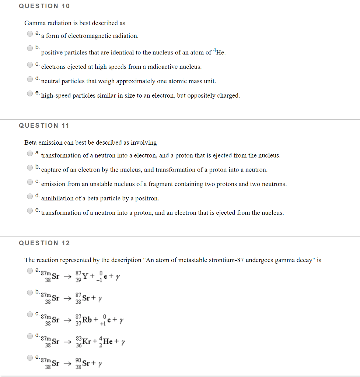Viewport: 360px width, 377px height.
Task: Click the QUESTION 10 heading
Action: pyautogui.click(x=44, y=6)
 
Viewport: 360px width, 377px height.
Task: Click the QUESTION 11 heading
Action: pyautogui.click(x=44, y=126)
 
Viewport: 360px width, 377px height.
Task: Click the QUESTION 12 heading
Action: pyautogui.click(x=44, y=243)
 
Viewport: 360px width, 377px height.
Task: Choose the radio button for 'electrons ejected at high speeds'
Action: pyautogui.click(x=30, y=65)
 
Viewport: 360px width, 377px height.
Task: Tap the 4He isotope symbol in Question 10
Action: pyautogui.click(x=219, y=52)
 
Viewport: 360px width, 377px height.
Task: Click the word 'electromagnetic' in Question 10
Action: pyautogui.click(x=91, y=36)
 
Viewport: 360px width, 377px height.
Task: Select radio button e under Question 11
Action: pyautogui.click(x=30, y=211)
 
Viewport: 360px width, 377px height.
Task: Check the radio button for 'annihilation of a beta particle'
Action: pyautogui.click(x=30, y=196)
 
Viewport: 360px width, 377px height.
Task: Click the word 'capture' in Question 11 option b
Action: pyautogui.click(x=51, y=170)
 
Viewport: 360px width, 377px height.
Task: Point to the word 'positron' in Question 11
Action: pyautogui.click(x=147, y=198)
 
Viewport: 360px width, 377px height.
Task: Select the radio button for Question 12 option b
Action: pyautogui.click(x=30, y=293)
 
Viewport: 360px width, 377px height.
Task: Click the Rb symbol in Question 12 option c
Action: pyautogui.click(x=87, y=319)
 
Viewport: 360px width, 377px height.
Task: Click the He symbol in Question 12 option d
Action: pyautogui.click(x=108, y=341)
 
